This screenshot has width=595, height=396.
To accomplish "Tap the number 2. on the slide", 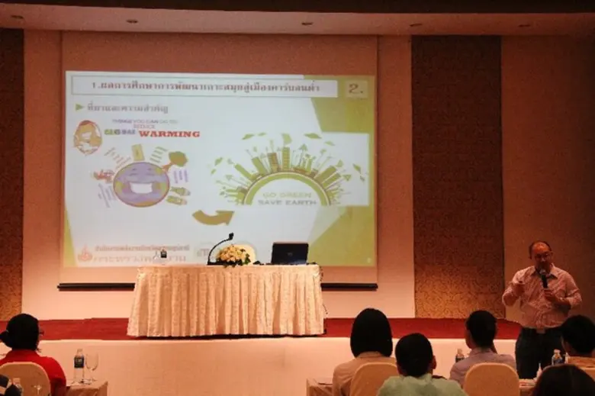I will tap(355, 88).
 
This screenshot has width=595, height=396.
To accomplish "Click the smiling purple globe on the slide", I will tap(141, 184).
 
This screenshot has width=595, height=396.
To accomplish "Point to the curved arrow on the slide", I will tap(213, 217).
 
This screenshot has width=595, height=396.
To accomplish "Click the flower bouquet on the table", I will tap(233, 256).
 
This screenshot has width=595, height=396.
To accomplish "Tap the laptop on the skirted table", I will tap(289, 253).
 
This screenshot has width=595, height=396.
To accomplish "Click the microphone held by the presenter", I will tap(544, 278).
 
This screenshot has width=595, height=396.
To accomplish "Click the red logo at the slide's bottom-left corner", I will tap(85, 253).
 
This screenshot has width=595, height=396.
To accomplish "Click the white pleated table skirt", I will tap(226, 301).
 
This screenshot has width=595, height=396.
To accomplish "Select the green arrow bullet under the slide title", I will tap(79, 108).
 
